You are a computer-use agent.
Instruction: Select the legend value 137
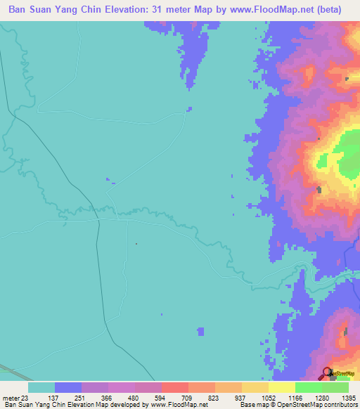pos(68,398)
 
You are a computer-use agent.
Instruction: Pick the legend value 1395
pos(348,398)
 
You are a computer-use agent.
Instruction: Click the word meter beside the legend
pos(12,398)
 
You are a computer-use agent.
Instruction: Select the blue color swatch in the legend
pos(68,387)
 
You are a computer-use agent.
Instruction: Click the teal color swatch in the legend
pos(41,387)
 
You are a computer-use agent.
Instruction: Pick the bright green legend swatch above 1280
pos(308,387)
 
